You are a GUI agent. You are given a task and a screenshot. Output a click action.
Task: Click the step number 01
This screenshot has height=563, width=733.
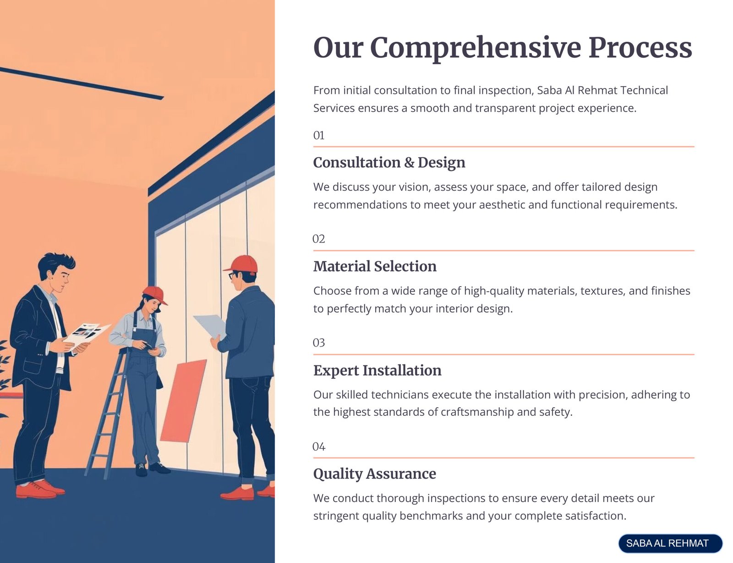[318, 135]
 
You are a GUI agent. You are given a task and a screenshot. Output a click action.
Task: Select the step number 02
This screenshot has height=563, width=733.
[318, 239]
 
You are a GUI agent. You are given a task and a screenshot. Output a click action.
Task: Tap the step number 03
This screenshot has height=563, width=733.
[318, 343]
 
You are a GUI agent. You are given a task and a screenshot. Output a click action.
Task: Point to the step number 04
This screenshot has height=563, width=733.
[319, 447]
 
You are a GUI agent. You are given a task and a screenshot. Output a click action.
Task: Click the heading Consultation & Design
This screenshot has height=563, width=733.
[389, 162]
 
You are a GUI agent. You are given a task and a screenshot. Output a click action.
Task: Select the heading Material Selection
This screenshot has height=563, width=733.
[375, 266]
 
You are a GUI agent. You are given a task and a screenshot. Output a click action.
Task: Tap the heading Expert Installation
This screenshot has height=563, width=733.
[377, 370]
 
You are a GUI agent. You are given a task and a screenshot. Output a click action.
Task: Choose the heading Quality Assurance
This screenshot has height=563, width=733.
[374, 474]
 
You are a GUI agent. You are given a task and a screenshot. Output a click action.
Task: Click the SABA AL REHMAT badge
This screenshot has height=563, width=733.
[670, 543]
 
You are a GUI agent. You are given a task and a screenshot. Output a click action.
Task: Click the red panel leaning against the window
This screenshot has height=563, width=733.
[184, 401]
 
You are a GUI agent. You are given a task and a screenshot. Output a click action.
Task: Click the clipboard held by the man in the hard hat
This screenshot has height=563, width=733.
[210, 326]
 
